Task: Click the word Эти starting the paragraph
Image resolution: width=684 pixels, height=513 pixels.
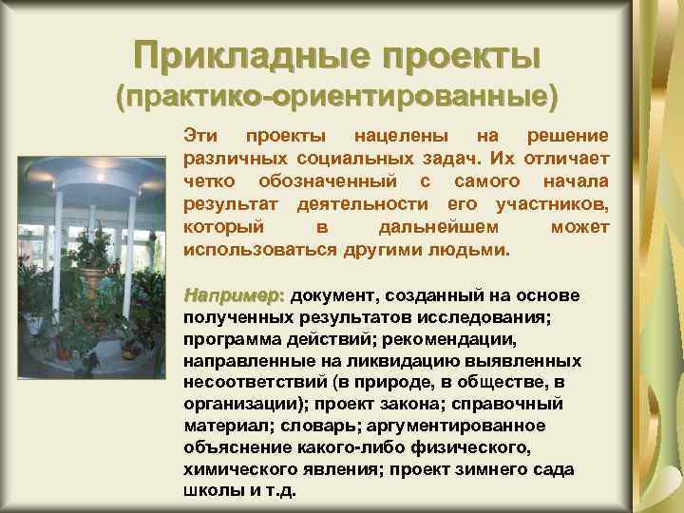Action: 199,136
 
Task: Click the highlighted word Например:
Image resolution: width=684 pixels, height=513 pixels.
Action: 234,294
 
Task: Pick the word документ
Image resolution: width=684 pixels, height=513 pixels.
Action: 330,295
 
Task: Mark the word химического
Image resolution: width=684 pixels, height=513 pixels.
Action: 233,470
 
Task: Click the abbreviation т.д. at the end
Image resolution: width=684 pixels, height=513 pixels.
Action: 279,492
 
